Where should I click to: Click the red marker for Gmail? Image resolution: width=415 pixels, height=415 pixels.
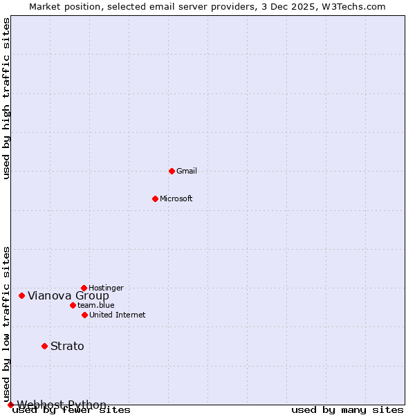coord(172,171)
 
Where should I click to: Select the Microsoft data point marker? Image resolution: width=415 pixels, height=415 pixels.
coord(155,199)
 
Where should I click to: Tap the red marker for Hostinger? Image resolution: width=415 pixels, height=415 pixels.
coord(84,288)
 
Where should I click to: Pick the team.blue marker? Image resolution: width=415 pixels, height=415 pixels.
coord(73,305)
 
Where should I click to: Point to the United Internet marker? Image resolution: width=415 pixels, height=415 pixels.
coord(84,315)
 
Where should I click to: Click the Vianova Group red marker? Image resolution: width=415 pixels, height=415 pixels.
coord(21,295)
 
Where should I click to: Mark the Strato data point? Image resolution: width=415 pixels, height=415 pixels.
coord(44,346)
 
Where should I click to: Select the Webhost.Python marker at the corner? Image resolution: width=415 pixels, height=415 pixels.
coord(10,405)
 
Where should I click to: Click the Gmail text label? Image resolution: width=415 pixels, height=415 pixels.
coord(187,171)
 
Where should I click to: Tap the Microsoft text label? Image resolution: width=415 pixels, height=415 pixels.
coord(176,199)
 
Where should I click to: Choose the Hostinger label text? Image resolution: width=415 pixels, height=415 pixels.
coord(106,288)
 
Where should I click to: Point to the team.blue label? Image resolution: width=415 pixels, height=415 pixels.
coord(96,305)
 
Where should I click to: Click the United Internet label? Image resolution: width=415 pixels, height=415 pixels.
coord(118,315)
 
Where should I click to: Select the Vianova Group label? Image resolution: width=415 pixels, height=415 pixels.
coord(68,296)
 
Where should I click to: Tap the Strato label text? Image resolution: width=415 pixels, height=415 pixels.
coord(67,347)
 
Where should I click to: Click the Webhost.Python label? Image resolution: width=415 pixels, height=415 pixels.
coord(62,405)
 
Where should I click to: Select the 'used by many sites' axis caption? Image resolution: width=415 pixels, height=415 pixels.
coord(347,410)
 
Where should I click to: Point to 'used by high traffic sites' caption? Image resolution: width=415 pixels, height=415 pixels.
coord(6,98)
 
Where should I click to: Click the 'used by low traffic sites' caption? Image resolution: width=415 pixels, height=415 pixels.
coord(6,324)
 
